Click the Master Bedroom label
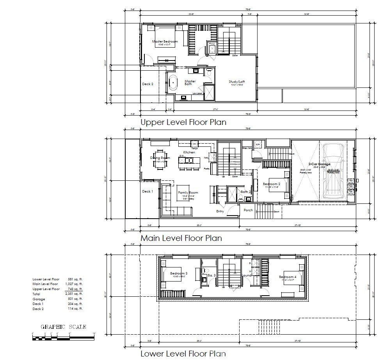165,41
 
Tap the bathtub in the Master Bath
172,83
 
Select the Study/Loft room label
237,82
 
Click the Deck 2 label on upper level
147,84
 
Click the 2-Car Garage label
319,164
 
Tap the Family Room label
188,192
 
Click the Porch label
248,210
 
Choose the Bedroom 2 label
271,184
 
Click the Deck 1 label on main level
147,191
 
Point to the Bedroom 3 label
179,273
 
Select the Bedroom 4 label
288,277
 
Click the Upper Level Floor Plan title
183,122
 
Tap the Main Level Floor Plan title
181,238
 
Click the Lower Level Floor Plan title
183,354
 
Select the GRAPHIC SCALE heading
64,327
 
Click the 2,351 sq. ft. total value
73,294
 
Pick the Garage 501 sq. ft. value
75,299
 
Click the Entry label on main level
220,211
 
